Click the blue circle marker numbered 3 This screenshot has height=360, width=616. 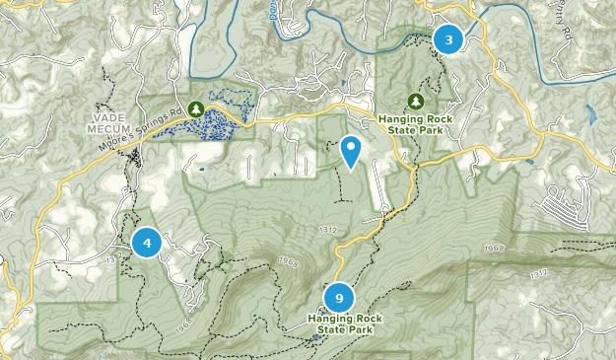(448, 40)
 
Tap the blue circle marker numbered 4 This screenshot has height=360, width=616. (147, 242)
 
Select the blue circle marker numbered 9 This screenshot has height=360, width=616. (339, 297)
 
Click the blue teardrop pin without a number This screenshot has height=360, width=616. (350, 151)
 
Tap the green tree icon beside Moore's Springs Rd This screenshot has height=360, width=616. (196, 108)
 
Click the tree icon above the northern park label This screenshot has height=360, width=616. (416, 102)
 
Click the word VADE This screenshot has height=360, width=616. (113, 114)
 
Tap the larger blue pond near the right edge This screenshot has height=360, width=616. (588, 114)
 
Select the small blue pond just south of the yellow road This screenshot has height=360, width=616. (530, 161)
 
